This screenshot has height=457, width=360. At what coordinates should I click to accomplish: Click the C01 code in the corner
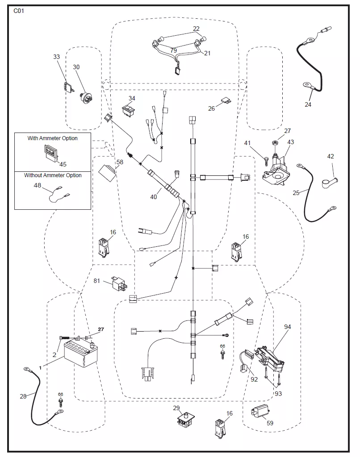(19, 11)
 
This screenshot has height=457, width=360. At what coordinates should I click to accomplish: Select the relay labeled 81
(120, 283)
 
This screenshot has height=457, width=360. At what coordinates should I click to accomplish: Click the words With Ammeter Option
(53, 138)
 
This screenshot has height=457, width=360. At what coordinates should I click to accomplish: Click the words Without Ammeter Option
(53, 175)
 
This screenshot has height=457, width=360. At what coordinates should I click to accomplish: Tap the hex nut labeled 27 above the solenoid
(274, 143)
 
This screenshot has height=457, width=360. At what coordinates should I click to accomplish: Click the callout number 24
(308, 104)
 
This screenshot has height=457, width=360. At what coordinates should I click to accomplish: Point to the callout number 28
(23, 396)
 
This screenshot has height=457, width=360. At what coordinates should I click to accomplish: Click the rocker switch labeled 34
(128, 111)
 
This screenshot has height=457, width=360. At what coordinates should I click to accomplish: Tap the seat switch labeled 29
(186, 421)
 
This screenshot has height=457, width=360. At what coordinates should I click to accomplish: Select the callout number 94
(287, 327)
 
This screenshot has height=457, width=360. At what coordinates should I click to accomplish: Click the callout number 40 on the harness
(154, 197)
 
